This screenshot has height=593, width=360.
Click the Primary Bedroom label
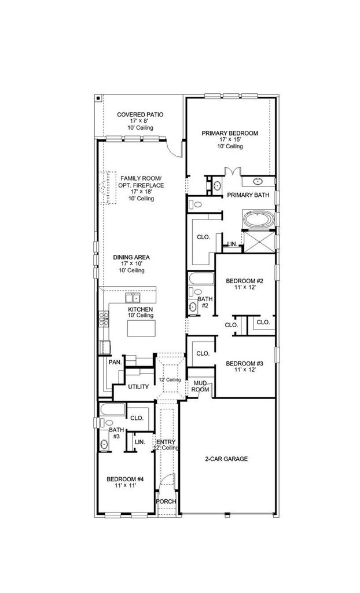pyautogui.click(x=230, y=133)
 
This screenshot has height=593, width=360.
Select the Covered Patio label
pyautogui.click(x=140, y=114)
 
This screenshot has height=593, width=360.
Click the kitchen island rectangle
pyautogui.click(x=141, y=328)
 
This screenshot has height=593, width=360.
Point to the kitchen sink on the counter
pyautogui.click(x=133, y=298)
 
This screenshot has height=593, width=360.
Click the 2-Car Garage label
pyautogui.click(x=226, y=459)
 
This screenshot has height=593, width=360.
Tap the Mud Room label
pyautogui.click(x=200, y=386)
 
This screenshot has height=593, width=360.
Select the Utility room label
pyautogui.click(x=138, y=387)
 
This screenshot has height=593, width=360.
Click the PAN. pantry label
pyautogui.click(x=115, y=362)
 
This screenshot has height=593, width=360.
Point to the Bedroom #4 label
pyautogui.click(x=125, y=479)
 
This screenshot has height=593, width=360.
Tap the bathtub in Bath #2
pyautogui.click(x=201, y=279)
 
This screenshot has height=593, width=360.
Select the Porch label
pyautogui.click(x=166, y=502)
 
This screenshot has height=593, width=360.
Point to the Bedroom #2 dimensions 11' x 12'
pyautogui.click(x=244, y=287)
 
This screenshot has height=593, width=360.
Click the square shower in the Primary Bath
pyautogui.click(x=259, y=241)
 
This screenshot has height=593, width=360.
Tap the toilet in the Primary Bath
pyautogui.click(x=195, y=204)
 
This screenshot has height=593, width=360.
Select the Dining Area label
pyautogui.click(x=131, y=257)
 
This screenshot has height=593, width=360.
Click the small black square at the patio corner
pyautogui.click(x=98, y=98)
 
